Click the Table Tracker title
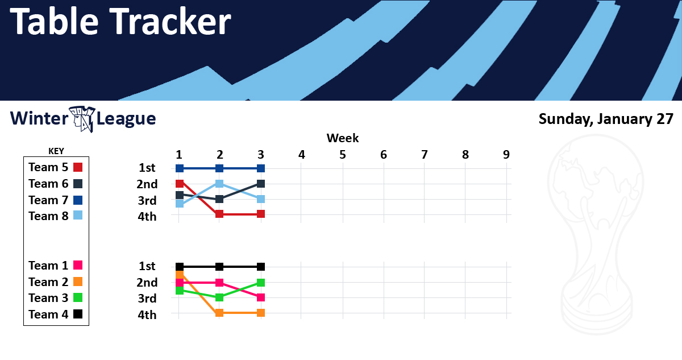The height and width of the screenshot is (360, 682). click(x=120, y=21)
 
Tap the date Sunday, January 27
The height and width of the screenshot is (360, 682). click(x=606, y=119)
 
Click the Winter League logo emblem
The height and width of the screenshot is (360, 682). click(x=82, y=119)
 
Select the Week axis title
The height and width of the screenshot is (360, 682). click(x=343, y=138)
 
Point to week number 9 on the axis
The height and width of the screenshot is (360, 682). click(x=506, y=155)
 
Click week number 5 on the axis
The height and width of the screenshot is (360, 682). click(x=343, y=155)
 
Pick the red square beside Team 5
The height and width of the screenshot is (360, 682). click(x=78, y=167)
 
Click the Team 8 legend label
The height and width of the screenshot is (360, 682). click(x=48, y=216)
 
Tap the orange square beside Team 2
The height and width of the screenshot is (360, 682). click(x=78, y=282)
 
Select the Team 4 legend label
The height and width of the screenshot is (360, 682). click(x=48, y=315)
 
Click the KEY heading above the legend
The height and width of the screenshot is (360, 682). click(x=56, y=151)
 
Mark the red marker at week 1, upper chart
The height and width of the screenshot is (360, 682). click(x=180, y=184)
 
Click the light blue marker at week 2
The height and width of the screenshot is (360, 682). click(x=219, y=184)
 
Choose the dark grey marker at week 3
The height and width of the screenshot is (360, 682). click(x=261, y=184)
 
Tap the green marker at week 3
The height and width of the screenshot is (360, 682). click(x=261, y=283)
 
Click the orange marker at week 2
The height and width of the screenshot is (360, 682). click(x=219, y=313)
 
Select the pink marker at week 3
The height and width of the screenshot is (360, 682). click(x=261, y=297)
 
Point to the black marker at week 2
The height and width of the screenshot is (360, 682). click(x=219, y=267)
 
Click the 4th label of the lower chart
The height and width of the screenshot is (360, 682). click(x=147, y=315)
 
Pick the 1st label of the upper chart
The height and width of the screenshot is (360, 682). click(x=147, y=168)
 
